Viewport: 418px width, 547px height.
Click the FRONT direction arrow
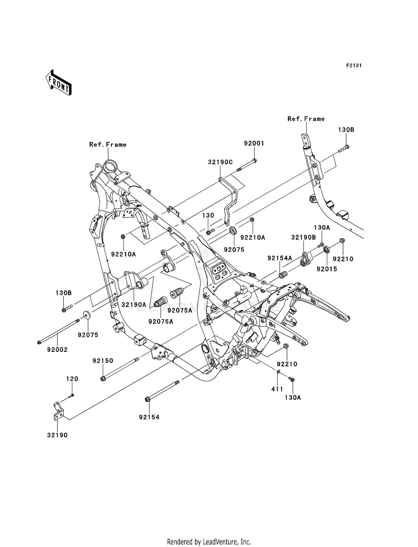pos(59,83)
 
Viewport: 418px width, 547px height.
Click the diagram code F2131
pos(354,66)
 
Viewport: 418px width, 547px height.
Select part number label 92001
pos(254,143)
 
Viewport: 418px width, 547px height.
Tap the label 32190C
pos(220,162)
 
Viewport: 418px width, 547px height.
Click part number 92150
pos(103,361)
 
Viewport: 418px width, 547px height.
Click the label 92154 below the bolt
pos(149,417)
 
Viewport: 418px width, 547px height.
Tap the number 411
pos(277,389)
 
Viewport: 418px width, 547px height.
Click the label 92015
pos(327,269)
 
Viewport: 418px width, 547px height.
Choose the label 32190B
pos(303,237)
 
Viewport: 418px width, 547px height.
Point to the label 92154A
pos(280,258)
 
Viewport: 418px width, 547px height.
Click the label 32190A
pos(134,305)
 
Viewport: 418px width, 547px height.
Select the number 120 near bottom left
pos(72,379)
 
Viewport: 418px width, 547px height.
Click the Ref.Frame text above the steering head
pos(108,145)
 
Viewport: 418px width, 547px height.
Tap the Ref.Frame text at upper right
pos(306,119)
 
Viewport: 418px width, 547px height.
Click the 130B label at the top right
pos(346,130)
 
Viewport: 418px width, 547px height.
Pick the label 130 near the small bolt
pos(208,216)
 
